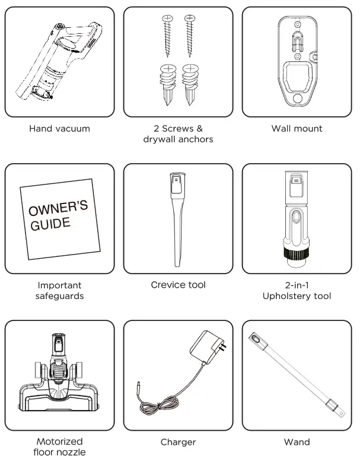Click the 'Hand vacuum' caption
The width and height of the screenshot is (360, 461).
(x=59, y=128)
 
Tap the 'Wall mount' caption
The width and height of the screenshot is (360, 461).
(x=297, y=128)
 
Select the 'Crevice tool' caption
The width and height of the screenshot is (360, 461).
(x=178, y=285)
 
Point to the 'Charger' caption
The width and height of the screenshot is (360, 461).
(x=178, y=442)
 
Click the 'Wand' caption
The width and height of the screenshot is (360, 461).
(x=297, y=442)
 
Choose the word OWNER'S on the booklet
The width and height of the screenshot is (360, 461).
(x=58, y=209)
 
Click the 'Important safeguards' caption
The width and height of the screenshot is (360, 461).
(x=59, y=291)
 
